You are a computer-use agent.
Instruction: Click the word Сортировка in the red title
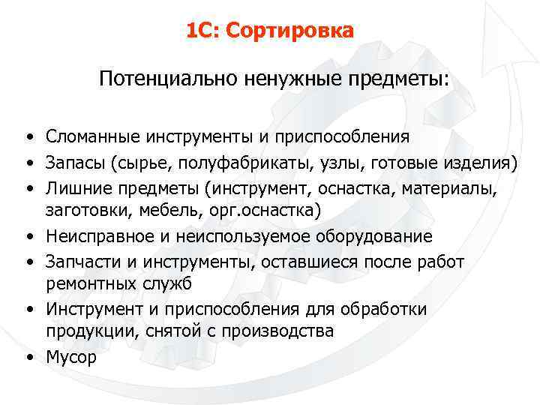[x=289, y=31]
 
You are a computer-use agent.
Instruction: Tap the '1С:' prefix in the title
[x=202, y=31]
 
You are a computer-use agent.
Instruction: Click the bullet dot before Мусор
[x=26, y=357]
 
